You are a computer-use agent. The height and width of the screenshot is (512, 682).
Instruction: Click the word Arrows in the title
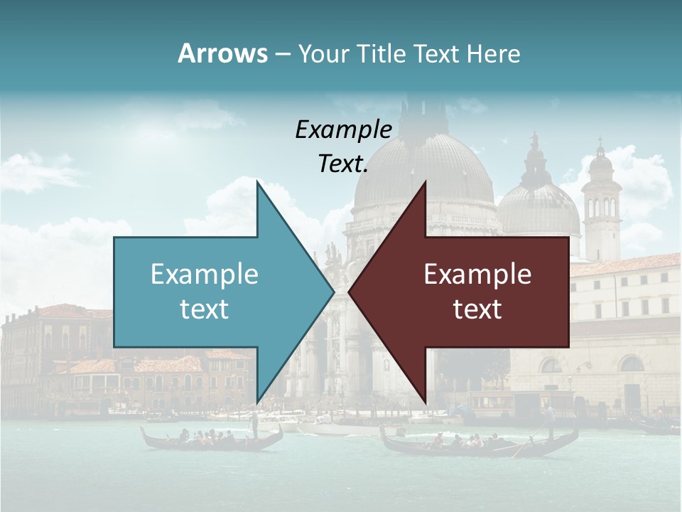(x=222, y=53)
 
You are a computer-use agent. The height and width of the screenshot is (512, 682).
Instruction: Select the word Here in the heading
(x=494, y=54)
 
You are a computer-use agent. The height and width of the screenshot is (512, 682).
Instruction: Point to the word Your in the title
(x=324, y=54)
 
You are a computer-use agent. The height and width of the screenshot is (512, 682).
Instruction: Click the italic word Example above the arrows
(x=343, y=129)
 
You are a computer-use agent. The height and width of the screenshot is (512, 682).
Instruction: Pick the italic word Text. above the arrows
(x=343, y=164)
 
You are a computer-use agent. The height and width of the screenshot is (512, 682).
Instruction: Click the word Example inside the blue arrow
(x=204, y=274)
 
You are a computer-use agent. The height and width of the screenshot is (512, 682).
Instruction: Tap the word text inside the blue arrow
(x=204, y=309)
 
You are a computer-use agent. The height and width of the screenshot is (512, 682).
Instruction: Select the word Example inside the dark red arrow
(x=477, y=274)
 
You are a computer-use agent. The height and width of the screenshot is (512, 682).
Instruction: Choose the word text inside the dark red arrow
(x=477, y=309)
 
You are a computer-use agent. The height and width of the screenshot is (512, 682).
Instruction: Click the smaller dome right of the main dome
(x=538, y=206)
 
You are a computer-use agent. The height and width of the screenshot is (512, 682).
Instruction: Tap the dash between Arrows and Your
(x=282, y=54)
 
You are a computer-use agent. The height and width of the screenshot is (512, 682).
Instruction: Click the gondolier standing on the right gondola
(x=551, y=420)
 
